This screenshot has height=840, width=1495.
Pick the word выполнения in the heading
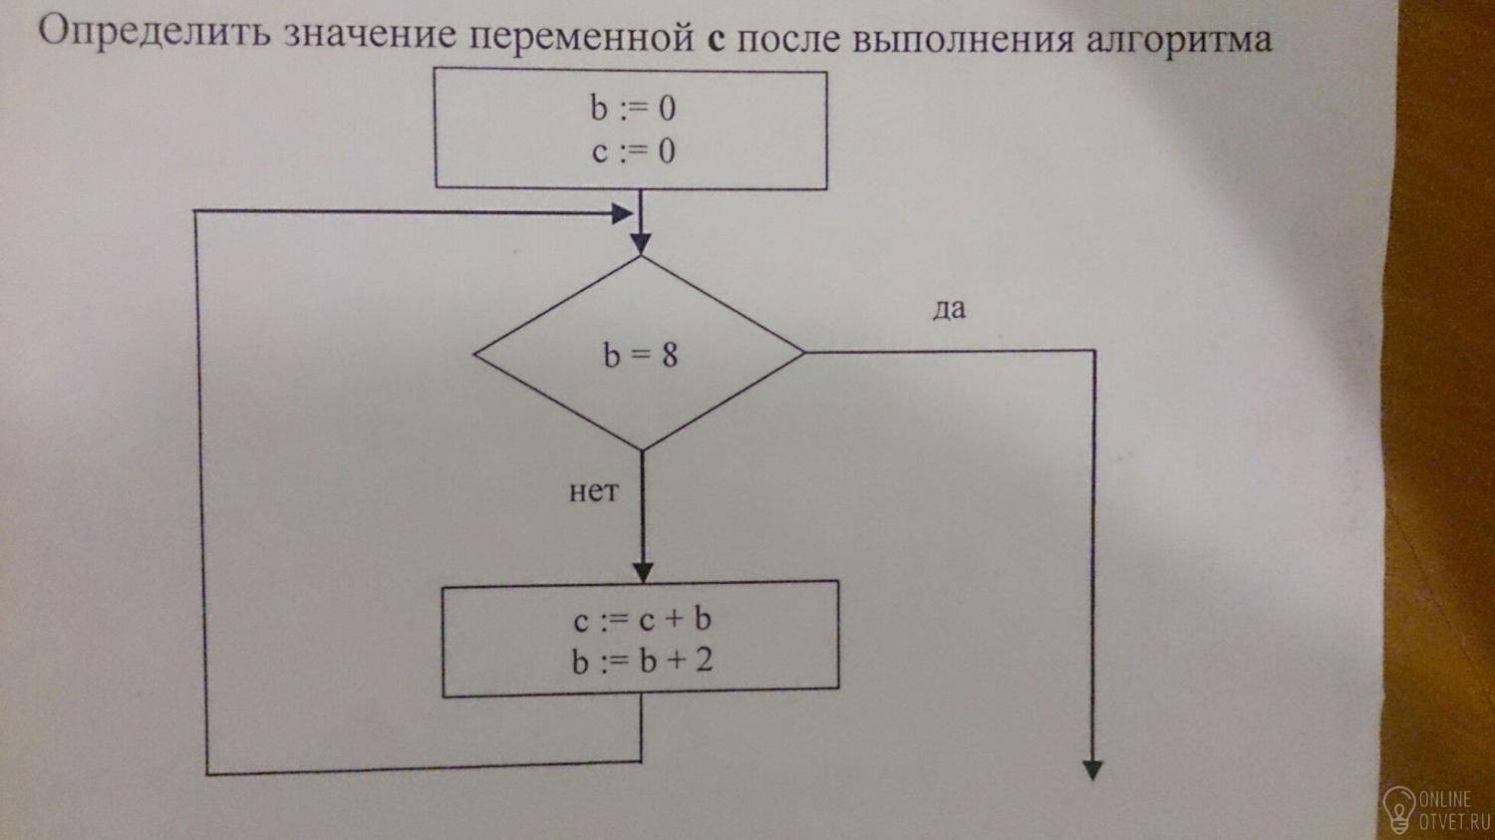pos(964,40)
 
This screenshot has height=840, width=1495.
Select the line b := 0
pos(633,108)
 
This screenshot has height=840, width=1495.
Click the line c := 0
pos(633,151)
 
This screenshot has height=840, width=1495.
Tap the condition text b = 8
pos(641,355)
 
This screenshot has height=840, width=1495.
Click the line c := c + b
pos(642,619)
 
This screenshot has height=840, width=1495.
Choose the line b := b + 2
pos(642,662)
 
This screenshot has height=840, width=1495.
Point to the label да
pos(949,309)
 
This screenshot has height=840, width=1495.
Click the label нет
pos(593,491)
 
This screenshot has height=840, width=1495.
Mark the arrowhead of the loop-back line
pos(622,213)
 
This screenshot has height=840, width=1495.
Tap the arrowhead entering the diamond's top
pos(641,244)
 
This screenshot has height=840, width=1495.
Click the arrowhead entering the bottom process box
pos(643,572)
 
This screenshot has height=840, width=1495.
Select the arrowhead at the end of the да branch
pos(1092,770)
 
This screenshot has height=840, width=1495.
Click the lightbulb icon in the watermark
pos(1399,809)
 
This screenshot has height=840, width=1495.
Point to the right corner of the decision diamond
pos(804,353)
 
